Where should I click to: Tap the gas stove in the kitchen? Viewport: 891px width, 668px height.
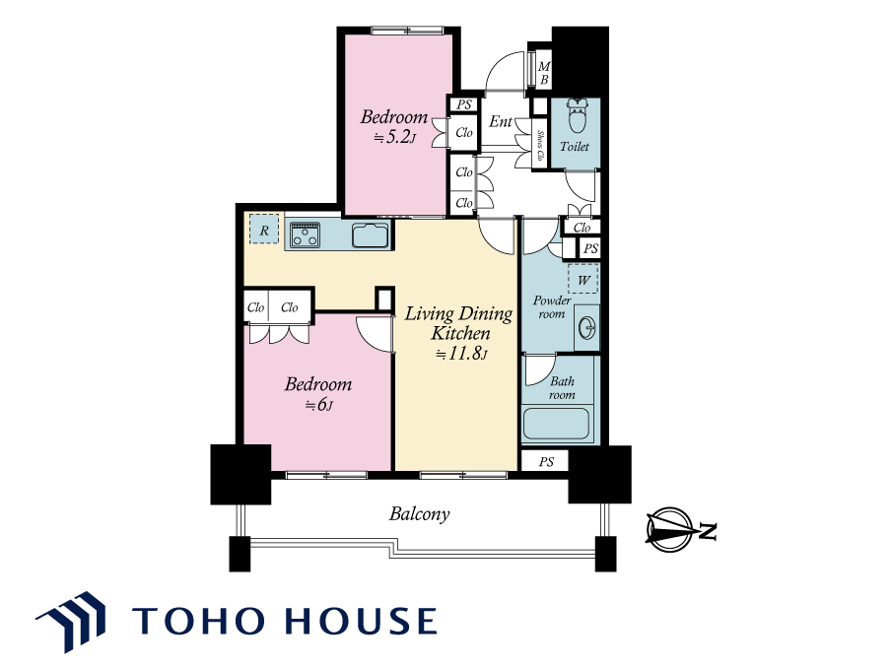click(x=306, y=235)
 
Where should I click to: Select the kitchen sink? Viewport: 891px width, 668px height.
click(x=371, y=235)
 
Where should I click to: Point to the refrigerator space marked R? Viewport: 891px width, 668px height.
click(x=264, y=229)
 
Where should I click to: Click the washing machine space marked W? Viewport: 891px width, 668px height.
click(x=583, y=279)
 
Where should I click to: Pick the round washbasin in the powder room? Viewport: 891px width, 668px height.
click(x=586, y=328)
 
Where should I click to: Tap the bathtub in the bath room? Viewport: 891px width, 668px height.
click(x=556, y=424)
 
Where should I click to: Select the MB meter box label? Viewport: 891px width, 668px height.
click(x=544, y=73)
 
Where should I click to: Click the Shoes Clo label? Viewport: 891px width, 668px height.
click(x=540, y=145)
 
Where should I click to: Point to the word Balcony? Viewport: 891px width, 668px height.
click(x=419, y=514)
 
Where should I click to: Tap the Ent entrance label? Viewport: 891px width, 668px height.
click(x=501, y=121)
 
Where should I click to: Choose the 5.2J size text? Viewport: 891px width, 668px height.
click(x=395, y=138)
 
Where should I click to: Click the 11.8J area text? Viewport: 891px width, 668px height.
click(x=461, y=354)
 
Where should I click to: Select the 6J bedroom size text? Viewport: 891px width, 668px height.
click(x=318, y=405)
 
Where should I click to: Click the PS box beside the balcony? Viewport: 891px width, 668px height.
click(x=545, y=461)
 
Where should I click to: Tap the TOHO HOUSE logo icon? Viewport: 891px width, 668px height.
click(x=72, y=621)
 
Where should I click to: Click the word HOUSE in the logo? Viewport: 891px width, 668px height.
click(x=361, y=621)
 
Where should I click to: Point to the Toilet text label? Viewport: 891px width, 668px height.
click(x=575, y=147)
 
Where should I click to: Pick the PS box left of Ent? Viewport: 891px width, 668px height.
click(x=464, y=104)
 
